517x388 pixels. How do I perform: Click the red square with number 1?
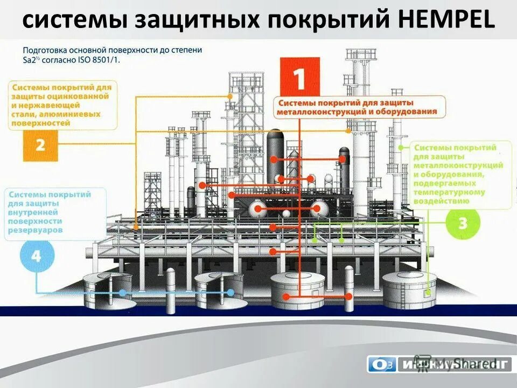pos(300,77)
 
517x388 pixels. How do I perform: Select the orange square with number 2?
pos(40,145)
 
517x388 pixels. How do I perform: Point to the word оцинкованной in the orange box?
pos(81,96)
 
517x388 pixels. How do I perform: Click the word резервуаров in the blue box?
pos(36,230)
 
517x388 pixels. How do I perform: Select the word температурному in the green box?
pos(449,192)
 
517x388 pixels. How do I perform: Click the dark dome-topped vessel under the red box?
pos(275,151)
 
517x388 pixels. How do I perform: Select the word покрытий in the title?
pos(306,20)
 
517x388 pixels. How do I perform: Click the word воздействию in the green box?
pos(441,201)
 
